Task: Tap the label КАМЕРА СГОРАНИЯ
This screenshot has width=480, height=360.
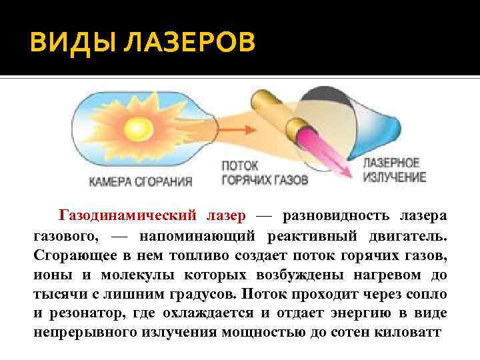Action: pos(141,180)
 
